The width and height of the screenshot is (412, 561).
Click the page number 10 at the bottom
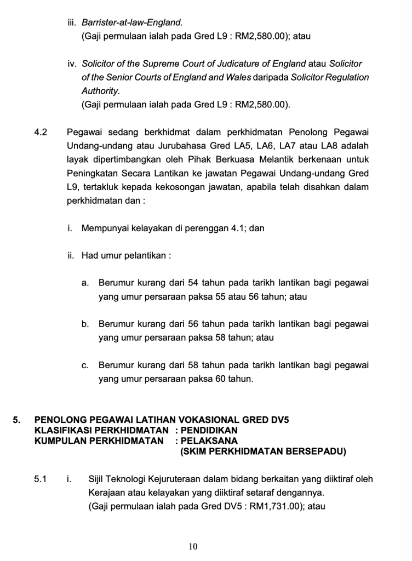[192, 546]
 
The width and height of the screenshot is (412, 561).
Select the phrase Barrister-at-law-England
[131, 23]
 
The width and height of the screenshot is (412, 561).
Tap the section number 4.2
[41, 133]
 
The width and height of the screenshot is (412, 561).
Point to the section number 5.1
[41, 480]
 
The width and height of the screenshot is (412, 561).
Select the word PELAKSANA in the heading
[209, 440]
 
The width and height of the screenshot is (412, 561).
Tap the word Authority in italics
[100, 91]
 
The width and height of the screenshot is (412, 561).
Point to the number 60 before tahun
[222, 379]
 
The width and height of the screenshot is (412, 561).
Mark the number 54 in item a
[194, 283]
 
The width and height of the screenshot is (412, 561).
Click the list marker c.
[85, 365]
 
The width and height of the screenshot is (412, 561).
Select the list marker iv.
[72, 64]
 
